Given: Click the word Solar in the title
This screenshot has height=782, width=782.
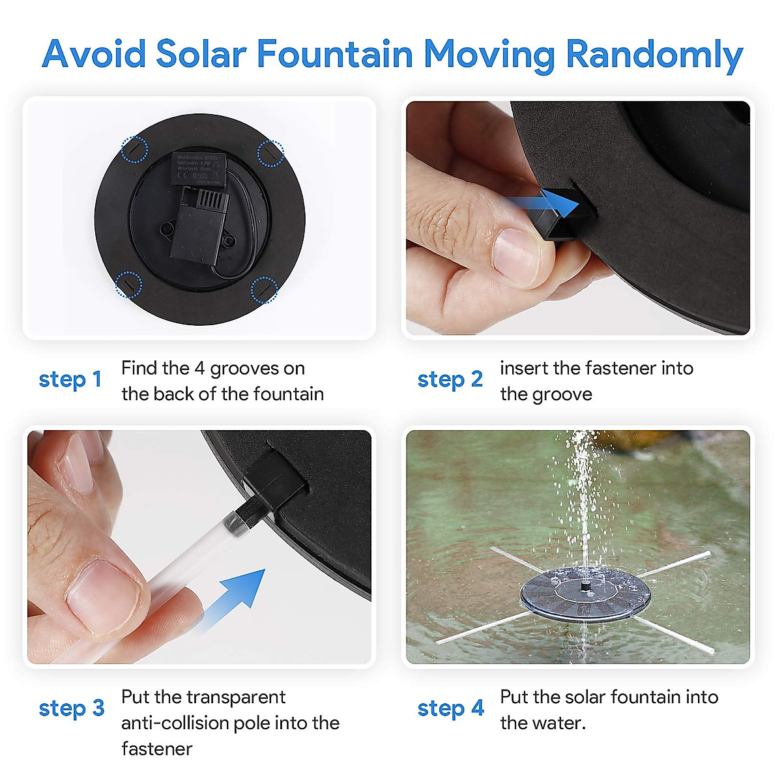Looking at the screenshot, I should click(200, 53).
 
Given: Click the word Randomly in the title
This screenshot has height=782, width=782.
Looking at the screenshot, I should click(654, 55).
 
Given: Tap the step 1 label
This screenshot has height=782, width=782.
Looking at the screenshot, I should click(70, 379).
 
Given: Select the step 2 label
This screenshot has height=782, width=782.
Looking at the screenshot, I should click(450, 379).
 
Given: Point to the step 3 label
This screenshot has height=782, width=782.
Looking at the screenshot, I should click(71, 708).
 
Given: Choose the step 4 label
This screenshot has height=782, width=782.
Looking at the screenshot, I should click(450, 708).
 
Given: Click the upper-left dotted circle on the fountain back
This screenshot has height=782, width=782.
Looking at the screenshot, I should click(135, 150).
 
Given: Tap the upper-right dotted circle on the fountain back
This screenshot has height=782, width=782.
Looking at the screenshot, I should click(270, 153).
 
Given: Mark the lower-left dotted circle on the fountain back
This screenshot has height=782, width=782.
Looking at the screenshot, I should click(128, 285).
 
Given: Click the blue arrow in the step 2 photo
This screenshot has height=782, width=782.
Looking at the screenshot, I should click(544, 205).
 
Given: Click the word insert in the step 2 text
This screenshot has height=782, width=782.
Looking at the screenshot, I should click(523, 368).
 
